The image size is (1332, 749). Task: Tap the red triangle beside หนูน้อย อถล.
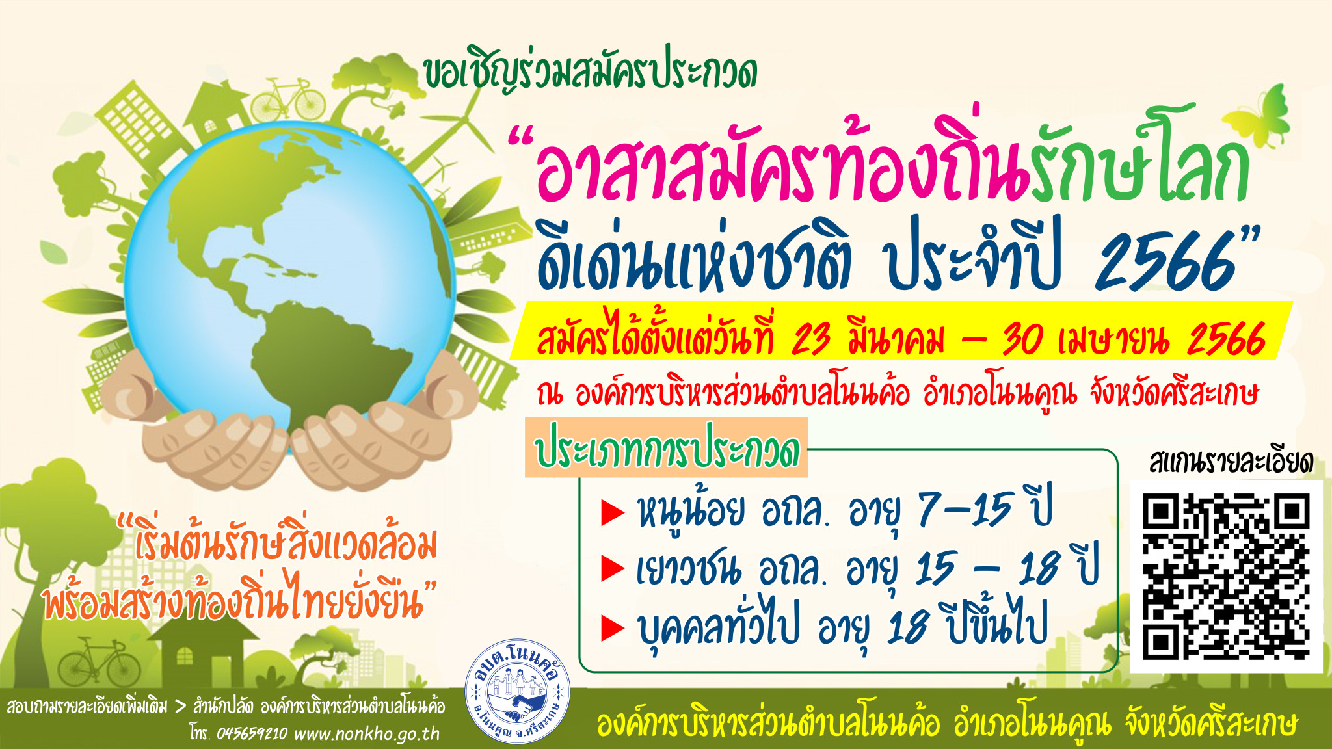coord(613,512)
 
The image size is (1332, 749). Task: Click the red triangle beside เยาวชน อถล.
coord(613,568)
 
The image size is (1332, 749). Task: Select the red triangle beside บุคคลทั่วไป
coord(613,628)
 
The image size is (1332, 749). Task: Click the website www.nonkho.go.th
coord(367,733)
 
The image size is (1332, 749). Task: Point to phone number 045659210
coord(252,733)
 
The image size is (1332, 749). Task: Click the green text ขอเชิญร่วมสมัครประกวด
coord(590,73)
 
